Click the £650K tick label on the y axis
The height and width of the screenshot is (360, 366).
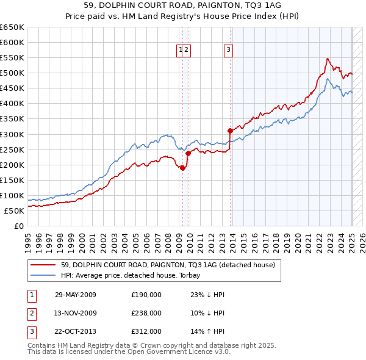pos(12,27)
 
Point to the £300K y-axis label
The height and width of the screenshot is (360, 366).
pos(12,134)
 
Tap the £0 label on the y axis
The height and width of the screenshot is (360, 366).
pos(18,226)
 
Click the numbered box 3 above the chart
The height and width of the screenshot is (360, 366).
pos(228,51)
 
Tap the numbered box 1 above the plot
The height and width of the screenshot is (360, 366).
pos(181,51)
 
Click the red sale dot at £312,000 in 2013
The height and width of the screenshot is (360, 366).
pos(230,131)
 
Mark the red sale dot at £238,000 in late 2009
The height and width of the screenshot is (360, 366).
pos(188,153)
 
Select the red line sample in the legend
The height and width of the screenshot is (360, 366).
pos(43,264)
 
